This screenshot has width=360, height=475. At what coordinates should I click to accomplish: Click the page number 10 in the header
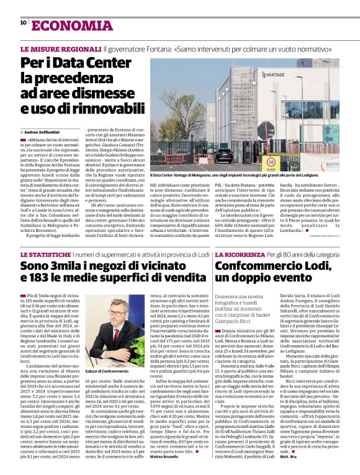pyautogui.click(x=23, y=23)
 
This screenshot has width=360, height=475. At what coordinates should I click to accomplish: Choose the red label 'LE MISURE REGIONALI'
pyautogui.click(x=61, y=48)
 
